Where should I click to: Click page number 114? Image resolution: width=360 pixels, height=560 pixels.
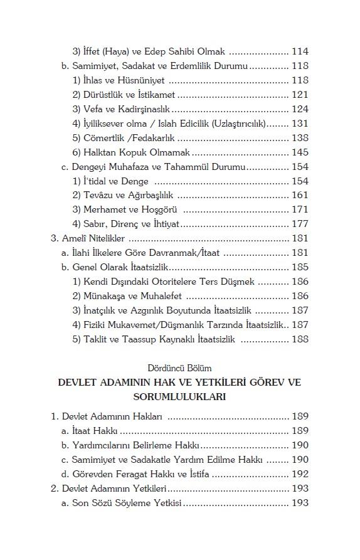click(300, 52)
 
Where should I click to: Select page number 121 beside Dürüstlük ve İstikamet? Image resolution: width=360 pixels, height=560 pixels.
click(300, 95)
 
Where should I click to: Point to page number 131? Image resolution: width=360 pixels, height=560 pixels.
click(300, 124)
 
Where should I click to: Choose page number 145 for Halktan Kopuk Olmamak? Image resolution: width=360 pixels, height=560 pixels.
click(300, 152)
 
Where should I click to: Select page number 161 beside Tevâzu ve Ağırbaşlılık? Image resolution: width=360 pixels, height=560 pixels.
click(300, 196)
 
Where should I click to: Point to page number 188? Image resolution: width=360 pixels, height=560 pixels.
click(300, 339)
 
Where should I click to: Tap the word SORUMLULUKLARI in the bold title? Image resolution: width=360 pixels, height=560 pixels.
click(180, 397)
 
